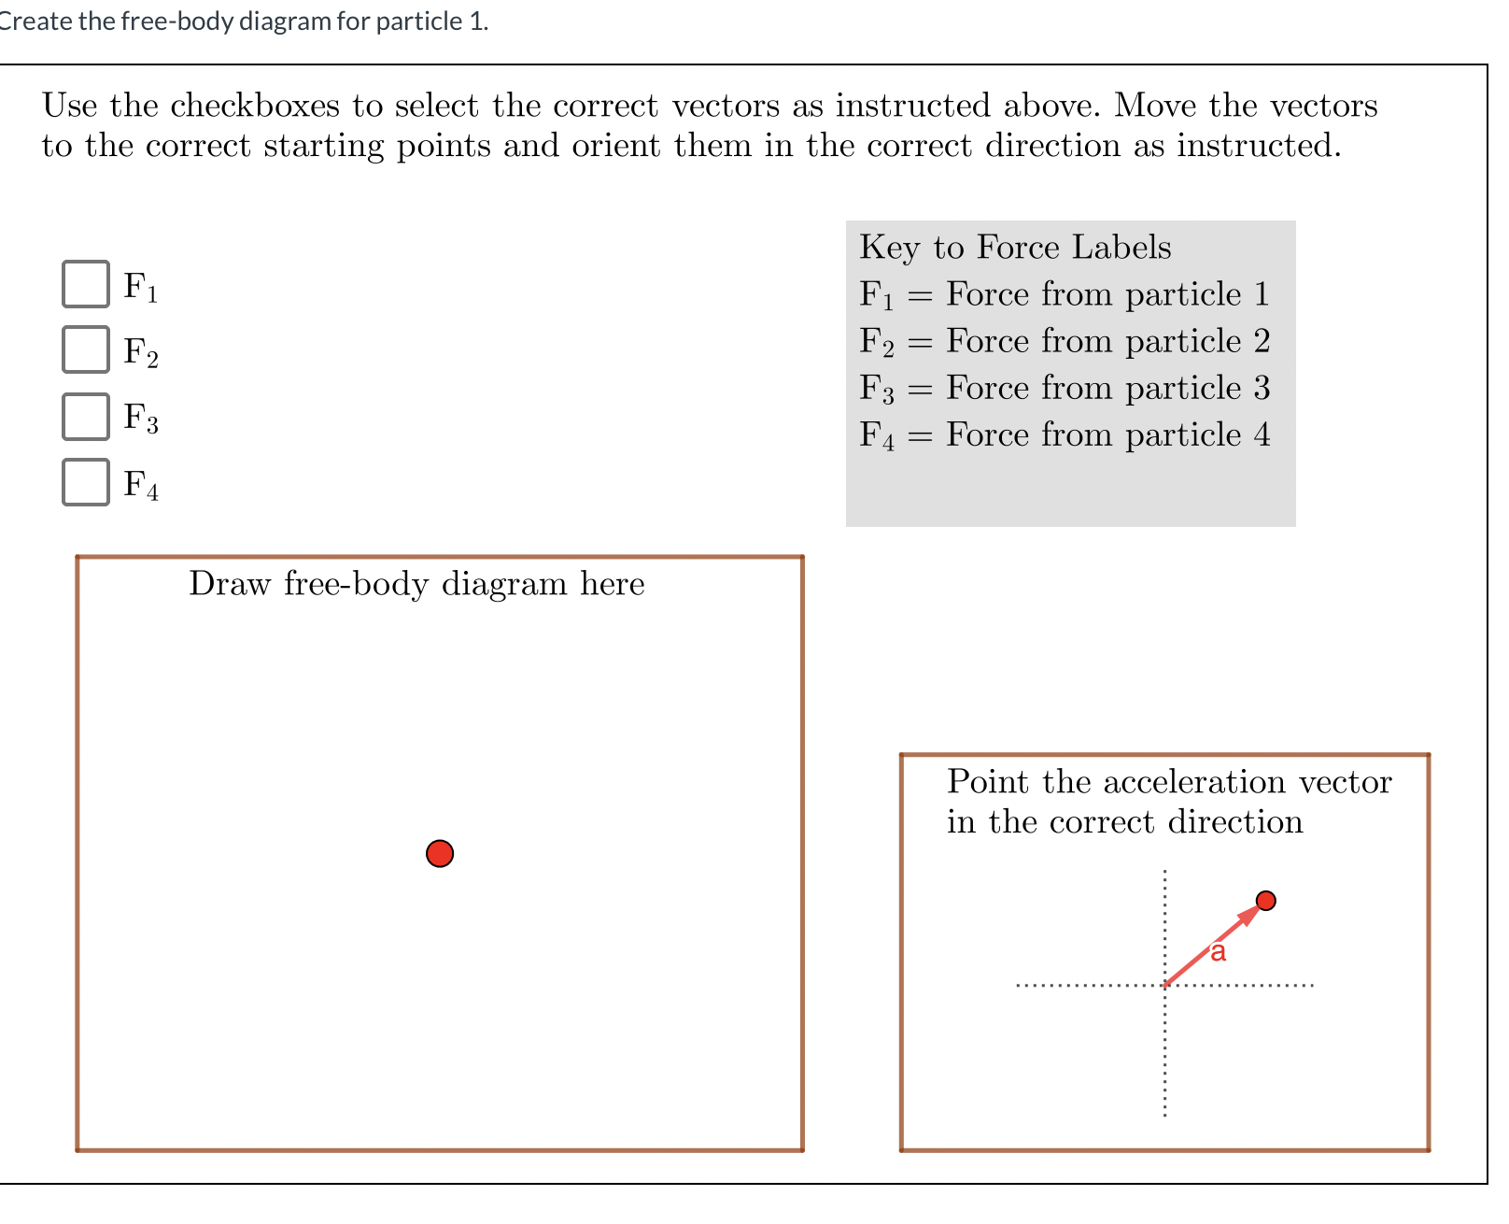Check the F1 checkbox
pos(86,284)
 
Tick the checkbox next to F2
pos(86,349)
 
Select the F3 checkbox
pos(86,417)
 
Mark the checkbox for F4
pos(86,482)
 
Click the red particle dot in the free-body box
pos(440,853)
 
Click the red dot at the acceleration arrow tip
pos(1266,901)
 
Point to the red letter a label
pos(1218,952)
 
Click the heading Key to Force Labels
pos(1015,248)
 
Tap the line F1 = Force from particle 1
pos(1065,295)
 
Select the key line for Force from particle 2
pos(1065,342)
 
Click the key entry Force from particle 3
pos(1065,389)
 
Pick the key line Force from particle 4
pos(1065,435)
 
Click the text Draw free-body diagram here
pos(416,584)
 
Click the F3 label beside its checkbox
pos(141,418)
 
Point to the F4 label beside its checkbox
pos(141,484)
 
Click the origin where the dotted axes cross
pos(1165,985)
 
